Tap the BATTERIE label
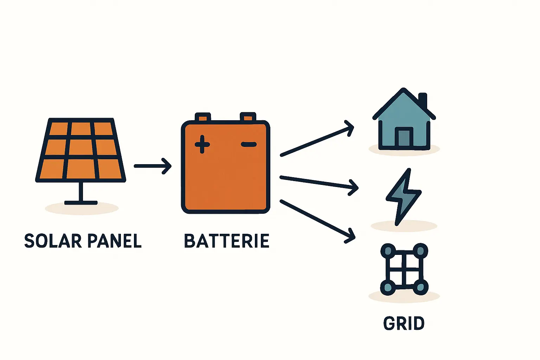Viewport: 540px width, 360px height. [x=227, y=241]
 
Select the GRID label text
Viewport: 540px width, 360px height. [x=404, y=323]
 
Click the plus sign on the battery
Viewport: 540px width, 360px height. [x=202, y=144]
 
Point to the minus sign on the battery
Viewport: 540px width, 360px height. [x=249, y=144]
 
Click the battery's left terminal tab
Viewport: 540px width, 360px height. [x=203, y=117]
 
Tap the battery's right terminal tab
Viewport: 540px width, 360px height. [x=248, y=117]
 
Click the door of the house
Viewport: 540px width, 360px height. [x=404, y=137]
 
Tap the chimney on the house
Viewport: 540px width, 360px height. [x=423, y=100]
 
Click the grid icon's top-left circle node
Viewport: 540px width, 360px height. [x=388, y=251]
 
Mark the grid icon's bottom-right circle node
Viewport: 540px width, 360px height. [x=420, y=287]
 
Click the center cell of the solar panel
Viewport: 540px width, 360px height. [x=81, y=148]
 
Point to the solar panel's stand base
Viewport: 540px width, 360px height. [x=81, y=202]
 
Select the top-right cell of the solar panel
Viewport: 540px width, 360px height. [x=103, y=129]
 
